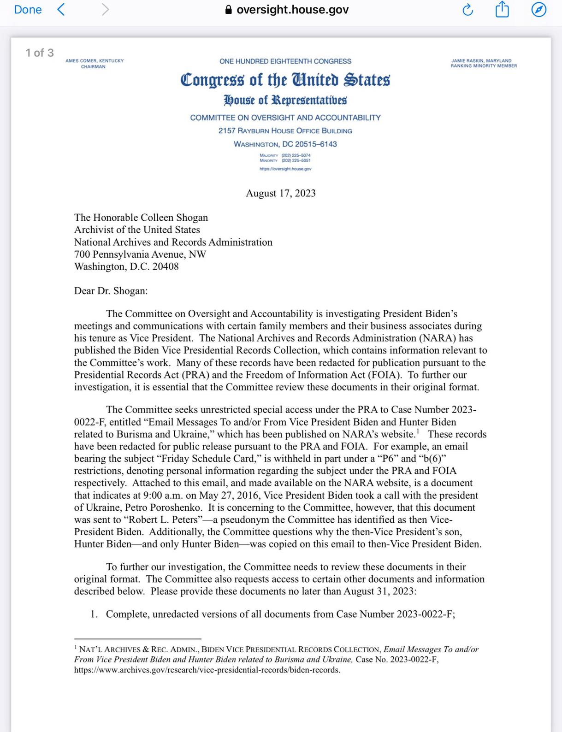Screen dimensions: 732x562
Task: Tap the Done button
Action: [x=28, y=10]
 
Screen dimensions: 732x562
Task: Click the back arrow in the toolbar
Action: [x=60, y=10]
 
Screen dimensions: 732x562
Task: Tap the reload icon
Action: [x=467, y=10]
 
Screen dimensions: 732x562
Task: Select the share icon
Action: [x=502, y=9]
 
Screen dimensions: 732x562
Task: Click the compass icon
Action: [x=538, y=10]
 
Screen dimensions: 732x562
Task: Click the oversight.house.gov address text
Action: [x=292, y=10]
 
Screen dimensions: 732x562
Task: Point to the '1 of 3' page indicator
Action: [x=40, y=53]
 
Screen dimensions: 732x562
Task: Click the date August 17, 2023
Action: [x=281, y=193]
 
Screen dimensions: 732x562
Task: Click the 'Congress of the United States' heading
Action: [x=285, y=80]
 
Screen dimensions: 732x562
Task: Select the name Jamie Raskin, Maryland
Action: [x=481, y=60]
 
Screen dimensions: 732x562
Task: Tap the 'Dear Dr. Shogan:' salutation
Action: [x=111, y=291]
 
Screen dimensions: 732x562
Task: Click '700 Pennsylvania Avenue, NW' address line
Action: [x=140, y=254]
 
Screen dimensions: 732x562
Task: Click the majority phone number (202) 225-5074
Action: [x=296, y=155]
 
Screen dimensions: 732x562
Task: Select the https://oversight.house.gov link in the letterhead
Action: [x=285, y=169]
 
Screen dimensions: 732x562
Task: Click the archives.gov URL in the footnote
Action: [x=207, y=670]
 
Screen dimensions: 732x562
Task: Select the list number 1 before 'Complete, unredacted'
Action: [x=94, y=614]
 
